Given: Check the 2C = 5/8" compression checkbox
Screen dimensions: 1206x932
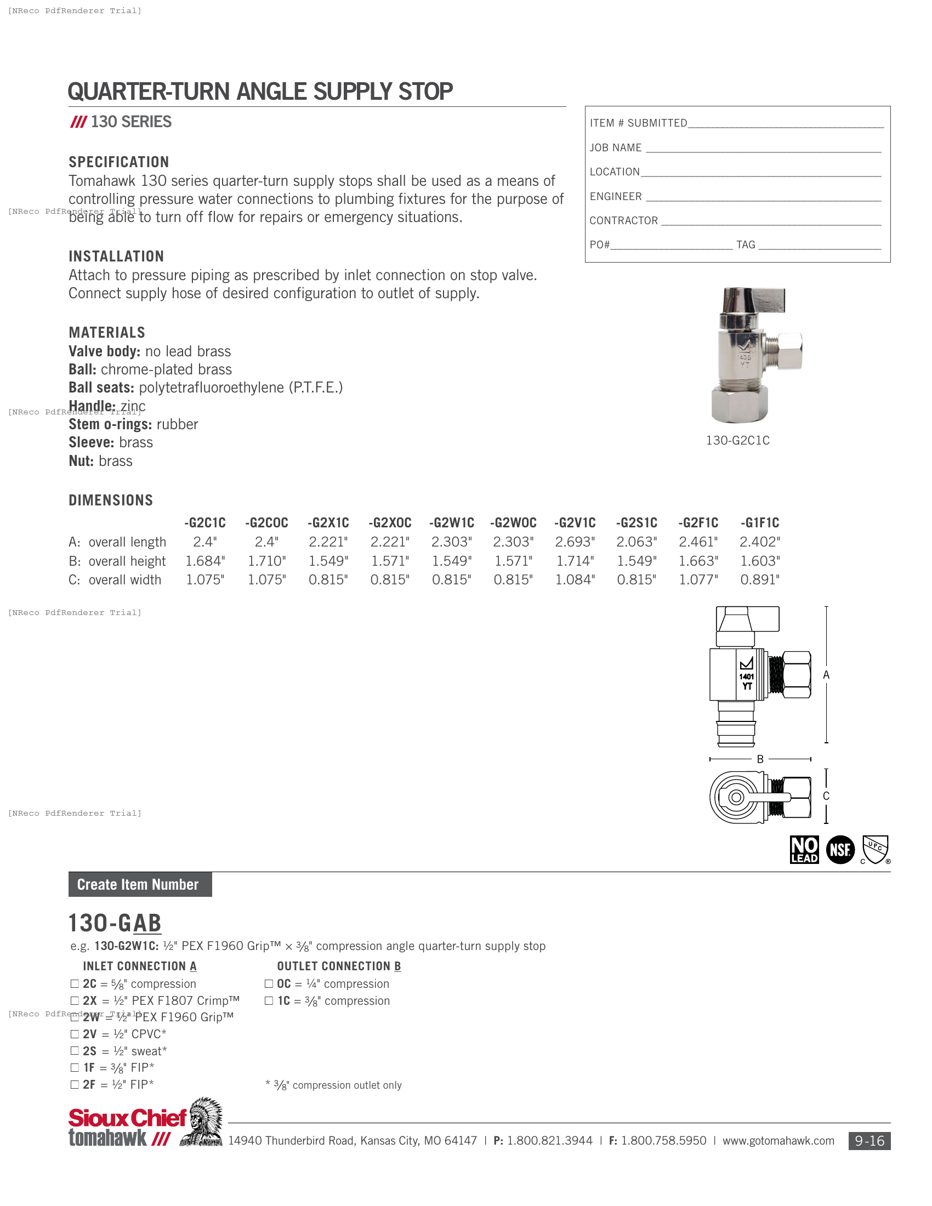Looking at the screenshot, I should tap(75, 983).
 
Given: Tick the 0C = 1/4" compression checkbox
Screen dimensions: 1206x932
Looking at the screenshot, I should tap(269, 983).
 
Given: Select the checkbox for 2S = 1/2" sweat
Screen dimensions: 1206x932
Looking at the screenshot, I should tap(75, 1051).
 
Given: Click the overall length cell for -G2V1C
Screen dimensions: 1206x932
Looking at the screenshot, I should tap(575, 542).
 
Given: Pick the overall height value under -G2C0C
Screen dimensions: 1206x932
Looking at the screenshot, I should tap(266, 561).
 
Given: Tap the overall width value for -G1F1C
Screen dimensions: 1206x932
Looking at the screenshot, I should tap(760, 580).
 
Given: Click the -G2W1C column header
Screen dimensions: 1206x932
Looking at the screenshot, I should tap(452, 522).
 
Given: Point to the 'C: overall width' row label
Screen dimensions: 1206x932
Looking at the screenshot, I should tap(115, 580).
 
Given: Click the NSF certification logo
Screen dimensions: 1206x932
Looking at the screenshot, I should tap(840, 850).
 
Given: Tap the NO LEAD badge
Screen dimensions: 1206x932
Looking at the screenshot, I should tap(804, 850).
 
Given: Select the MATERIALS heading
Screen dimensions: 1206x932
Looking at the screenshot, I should tap(106, 332).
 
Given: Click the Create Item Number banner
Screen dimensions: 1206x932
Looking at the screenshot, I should tap(140, 884).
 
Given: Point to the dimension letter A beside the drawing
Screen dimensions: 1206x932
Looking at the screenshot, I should tap(826, 675).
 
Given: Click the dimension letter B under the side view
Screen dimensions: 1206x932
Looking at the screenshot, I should tap(760, 759).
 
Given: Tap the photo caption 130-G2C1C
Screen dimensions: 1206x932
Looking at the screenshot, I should tap(737, 440).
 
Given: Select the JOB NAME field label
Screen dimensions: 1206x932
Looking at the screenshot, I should tap(615, 147).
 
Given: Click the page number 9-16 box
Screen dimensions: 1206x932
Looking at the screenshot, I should tap(869, 1141).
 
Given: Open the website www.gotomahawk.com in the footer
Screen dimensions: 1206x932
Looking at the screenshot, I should tap(778, 1141).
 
